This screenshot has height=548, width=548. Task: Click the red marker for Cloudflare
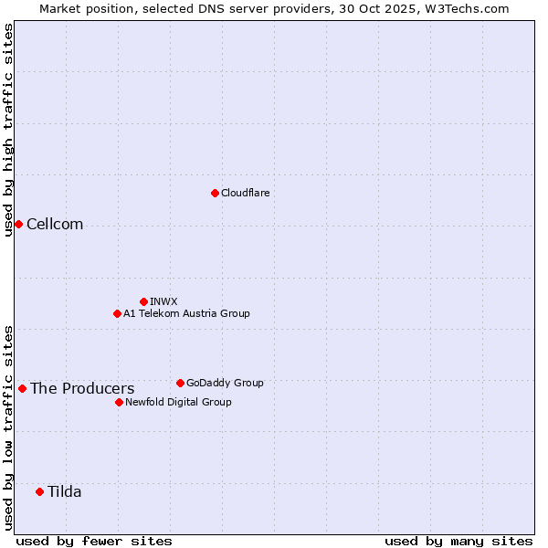pos(215,193)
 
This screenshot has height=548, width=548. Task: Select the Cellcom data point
pos(18,224)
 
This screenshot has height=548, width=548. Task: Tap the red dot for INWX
pos(143,301)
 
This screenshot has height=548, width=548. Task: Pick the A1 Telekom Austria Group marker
pos(117,313)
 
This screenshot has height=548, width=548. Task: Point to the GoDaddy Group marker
pos(180,383)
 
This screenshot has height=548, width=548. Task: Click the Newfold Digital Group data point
pos(119,402)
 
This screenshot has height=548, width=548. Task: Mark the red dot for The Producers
pos(22,388)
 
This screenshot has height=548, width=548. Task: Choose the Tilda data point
pos(39,491)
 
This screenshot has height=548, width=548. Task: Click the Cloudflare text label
pos(245,193)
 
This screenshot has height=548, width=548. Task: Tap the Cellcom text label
pos(55,225)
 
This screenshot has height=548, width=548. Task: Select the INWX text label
pos(163,301)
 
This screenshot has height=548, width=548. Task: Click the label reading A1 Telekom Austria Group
pos(186,313)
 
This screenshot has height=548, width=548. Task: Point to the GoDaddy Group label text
pos(225,383)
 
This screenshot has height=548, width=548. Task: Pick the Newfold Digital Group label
pos(178,402)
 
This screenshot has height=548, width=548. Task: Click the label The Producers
pos(82,389)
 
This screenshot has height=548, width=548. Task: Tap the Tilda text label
pos(65,492)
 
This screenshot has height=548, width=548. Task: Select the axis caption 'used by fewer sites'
pos(94,541)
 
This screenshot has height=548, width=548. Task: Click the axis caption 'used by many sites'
pos(458,541)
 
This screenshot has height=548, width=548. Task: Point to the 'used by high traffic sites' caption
pos(8,130)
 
